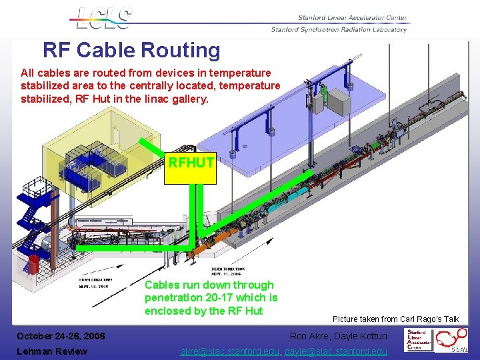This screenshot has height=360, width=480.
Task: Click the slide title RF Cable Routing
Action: pyautogui.click(x=131, y=50)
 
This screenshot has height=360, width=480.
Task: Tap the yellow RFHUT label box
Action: pyautogui.click(x=191, y=163)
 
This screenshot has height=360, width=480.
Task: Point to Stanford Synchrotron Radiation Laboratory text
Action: pyautogui.click(x=339, y=30)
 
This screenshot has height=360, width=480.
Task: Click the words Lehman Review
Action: pyautogui.click(x=52, y=351)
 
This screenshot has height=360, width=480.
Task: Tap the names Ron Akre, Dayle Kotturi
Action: pyautogui.click(x=338, y=336)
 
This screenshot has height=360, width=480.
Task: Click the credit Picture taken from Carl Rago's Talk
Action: pyautogui.click(x=395, y=319)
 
